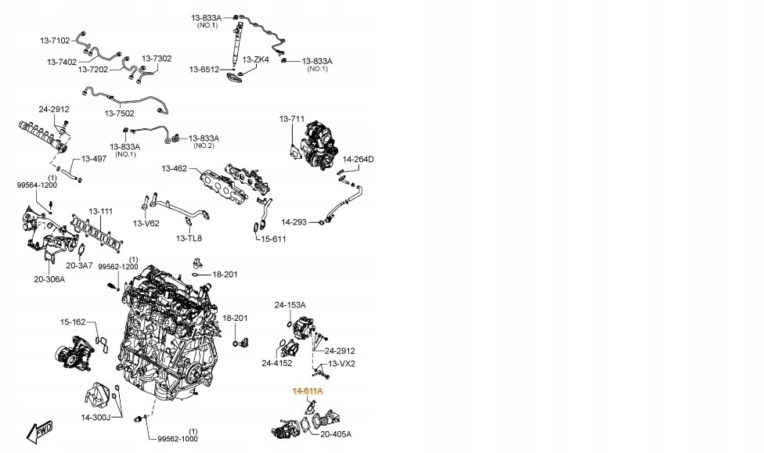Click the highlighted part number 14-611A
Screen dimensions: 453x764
coord(308,390)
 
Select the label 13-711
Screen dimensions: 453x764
coord(291,119)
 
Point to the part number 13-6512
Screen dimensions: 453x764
coord(204,70)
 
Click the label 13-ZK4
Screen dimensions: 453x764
coord(255,59)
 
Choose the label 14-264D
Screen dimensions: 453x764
coord(358,160)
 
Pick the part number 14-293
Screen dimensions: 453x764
coord(294,222)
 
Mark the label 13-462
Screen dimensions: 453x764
coord(175,168)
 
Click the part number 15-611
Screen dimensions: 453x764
coord(273,239)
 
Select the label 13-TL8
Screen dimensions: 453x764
coord(189,238)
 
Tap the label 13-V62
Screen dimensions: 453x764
coord(146,224)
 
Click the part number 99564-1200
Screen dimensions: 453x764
coord(38,185)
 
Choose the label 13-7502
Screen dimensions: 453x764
coord(121,113)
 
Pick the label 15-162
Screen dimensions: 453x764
coord(73,322)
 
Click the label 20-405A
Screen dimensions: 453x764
coord(336,433)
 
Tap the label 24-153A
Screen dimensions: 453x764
coord(290,304)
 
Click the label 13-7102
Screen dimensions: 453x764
coord(55,40)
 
